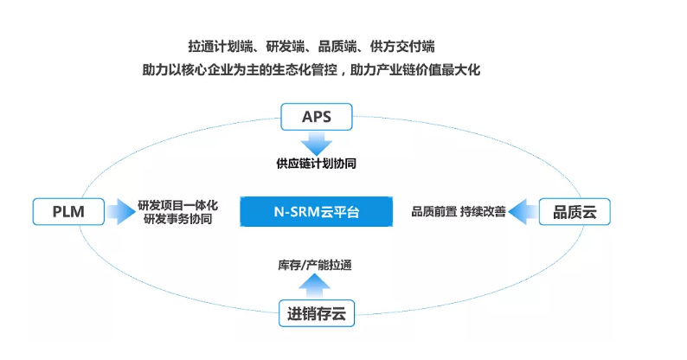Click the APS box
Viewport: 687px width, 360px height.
(317, 117)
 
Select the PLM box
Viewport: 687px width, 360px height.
(68, 211)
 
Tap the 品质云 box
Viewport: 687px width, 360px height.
(575, 211)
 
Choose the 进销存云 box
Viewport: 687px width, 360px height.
(317, 313)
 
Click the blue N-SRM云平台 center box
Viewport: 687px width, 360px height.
(317, 211)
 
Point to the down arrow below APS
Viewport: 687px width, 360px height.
(317, 143)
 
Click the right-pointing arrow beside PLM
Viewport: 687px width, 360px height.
(120, 211)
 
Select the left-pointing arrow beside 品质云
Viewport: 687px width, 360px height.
(523, 211)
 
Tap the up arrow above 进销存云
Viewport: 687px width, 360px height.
(314, 286)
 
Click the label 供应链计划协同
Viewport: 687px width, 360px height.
(316, 164)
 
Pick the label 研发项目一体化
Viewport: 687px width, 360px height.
(177, 205)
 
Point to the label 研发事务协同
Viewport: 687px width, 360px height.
(177, 219)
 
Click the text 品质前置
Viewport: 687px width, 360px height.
(433, 212)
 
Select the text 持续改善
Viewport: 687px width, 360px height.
(483, 212)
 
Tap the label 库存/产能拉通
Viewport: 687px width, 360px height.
(315, 265)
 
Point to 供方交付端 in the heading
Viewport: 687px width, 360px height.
(402, 47)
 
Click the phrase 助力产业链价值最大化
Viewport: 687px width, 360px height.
(415, 69)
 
